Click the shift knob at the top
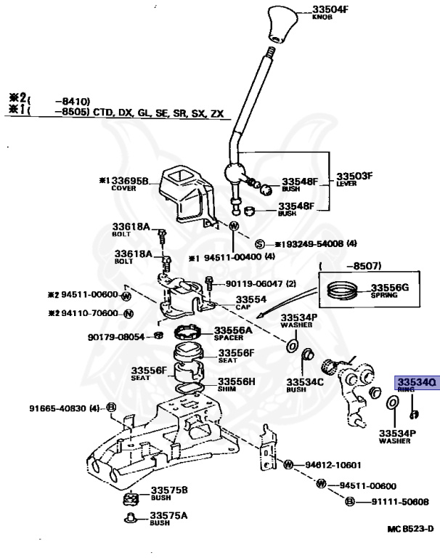[281, 24]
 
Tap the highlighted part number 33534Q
[415, 381]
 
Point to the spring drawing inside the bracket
[343, 291]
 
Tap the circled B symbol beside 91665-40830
[111, 408]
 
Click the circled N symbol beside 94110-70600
[129, 314]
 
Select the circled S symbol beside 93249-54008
[260, 244]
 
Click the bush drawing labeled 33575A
[131, 518]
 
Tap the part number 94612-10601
[333, 464]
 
